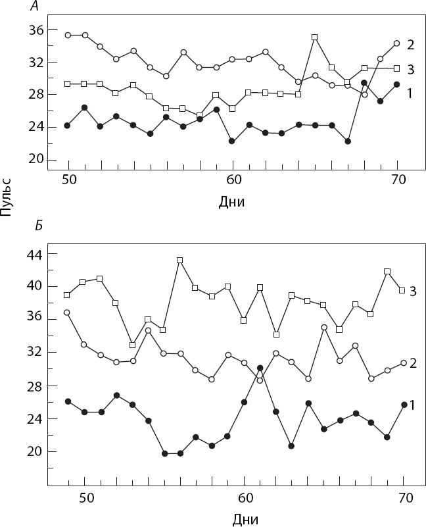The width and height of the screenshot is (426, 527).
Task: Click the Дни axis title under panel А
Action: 231,202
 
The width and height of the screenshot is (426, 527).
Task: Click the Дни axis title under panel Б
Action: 246,519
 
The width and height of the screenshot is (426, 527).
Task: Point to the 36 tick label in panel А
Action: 35,30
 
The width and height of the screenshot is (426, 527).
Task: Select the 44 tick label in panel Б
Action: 35,254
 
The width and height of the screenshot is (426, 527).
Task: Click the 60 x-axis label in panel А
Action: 233,180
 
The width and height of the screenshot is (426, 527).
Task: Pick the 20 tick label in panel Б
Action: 35,451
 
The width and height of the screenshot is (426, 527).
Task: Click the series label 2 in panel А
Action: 410,45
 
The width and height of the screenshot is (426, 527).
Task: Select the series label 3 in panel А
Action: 410,68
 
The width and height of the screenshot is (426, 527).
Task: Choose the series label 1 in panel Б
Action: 412,405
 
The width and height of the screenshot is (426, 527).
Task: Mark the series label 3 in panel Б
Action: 412,290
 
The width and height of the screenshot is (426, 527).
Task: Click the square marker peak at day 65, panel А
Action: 315,38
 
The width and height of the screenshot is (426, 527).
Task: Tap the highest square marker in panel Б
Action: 179,261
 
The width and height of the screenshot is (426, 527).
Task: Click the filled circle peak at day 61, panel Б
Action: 260,368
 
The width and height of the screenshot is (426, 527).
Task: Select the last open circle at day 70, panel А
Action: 396,43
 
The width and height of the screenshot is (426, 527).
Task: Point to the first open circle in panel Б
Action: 67,313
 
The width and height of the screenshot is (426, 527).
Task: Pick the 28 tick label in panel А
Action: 35,94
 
